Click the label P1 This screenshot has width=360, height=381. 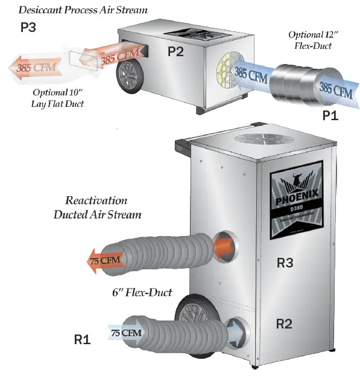pos(330,115)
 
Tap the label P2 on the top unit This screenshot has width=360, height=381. pos(175,52)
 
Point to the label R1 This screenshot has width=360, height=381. pos(82,340)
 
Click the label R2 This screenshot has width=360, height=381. pos(284,324)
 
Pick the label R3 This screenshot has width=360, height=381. pos(285,263)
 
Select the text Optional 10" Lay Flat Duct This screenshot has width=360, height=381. pos(58,97)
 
